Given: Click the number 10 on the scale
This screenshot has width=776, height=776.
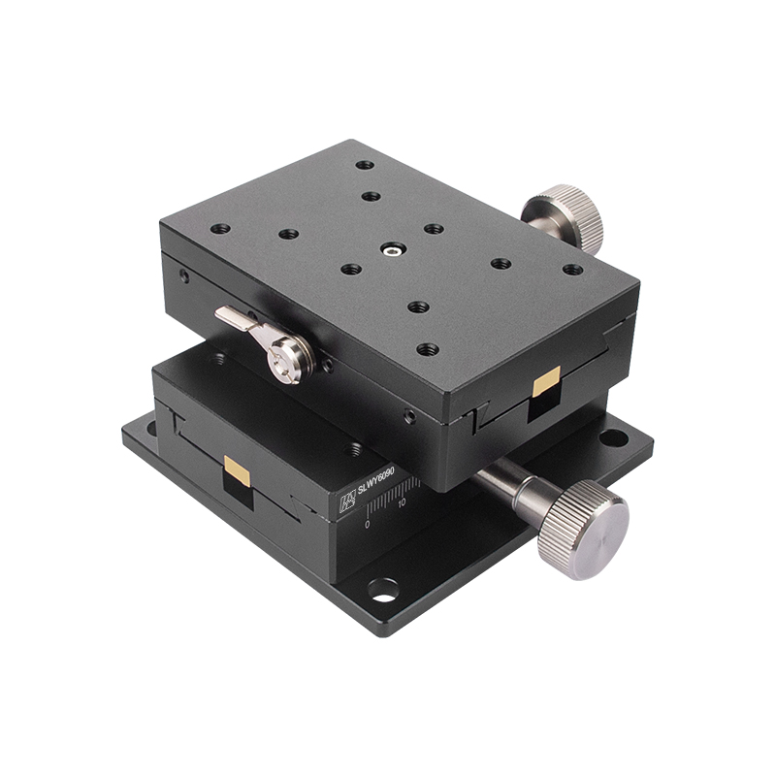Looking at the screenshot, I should (x=402, y=503).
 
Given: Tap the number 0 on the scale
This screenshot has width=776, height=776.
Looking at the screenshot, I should (x=368, y=524).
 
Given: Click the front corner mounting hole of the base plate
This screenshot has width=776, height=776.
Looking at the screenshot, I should (x=382, y=588).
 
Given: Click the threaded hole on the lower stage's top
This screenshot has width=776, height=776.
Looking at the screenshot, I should (x=354, y=449).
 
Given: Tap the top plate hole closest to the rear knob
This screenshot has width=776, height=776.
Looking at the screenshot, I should (x=572, y=270).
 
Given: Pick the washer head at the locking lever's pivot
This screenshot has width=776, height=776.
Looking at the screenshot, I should (x=291, y=362).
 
